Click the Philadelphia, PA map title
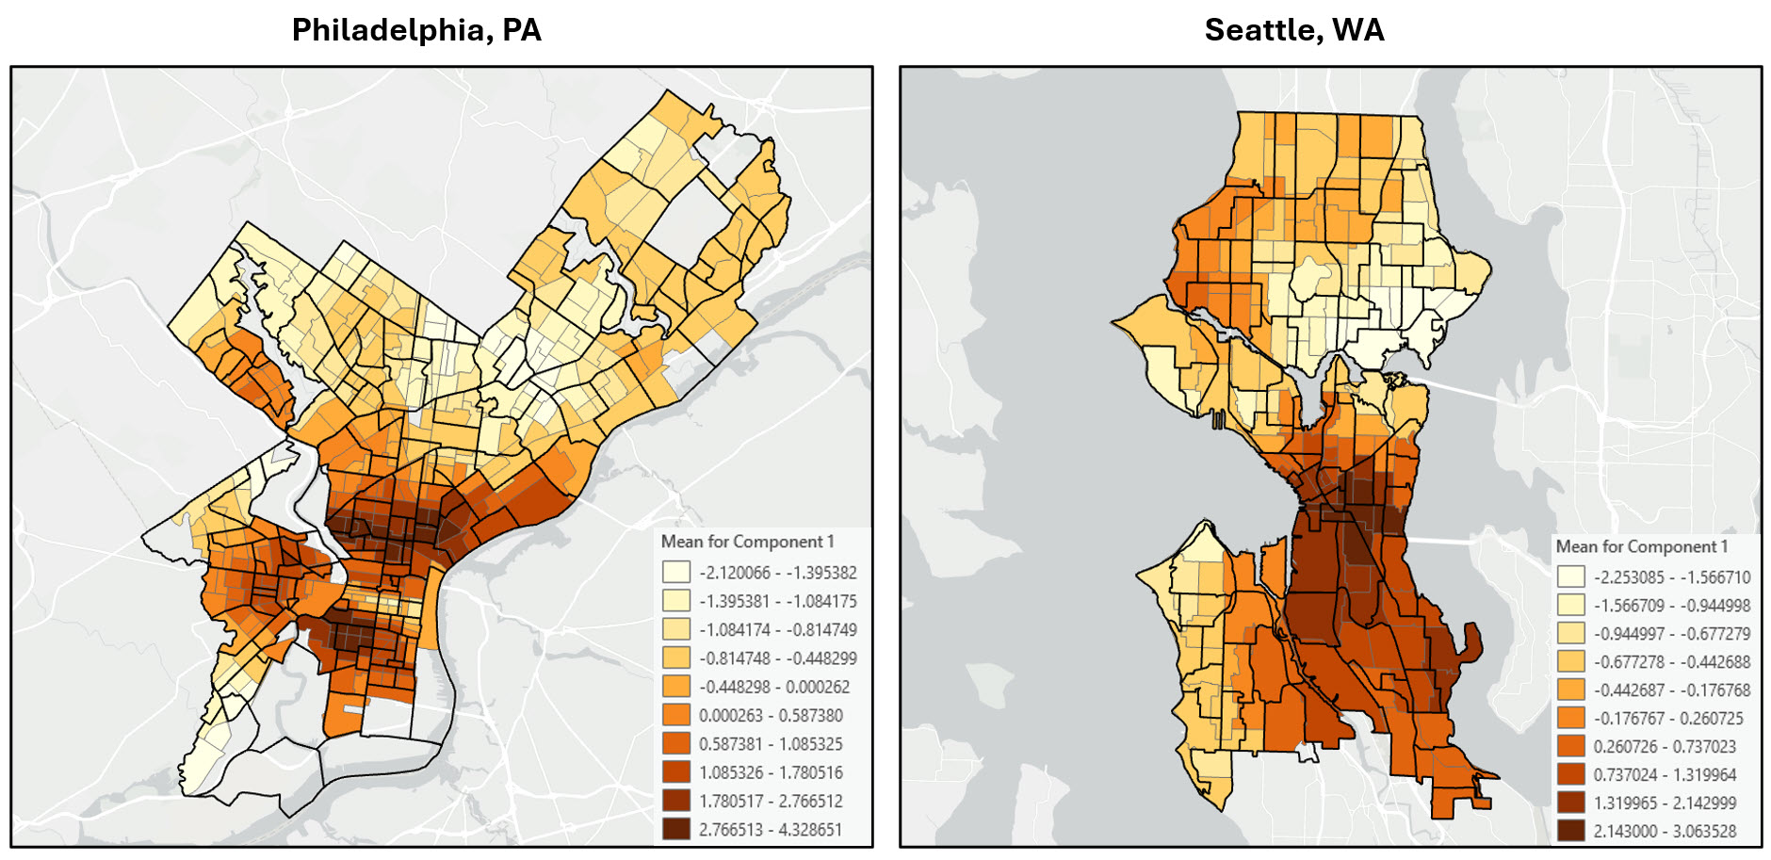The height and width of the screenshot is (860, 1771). coord(416,30)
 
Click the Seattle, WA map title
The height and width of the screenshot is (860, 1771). coord(1294,30)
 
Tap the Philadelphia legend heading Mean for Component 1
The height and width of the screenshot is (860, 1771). coord(747,542)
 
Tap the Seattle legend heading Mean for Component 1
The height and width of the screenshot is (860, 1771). coord(1642,546)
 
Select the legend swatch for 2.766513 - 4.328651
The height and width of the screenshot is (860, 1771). coord(675,829)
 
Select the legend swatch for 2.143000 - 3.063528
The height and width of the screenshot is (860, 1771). coord(1570,831)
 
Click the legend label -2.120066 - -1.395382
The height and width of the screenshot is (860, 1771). coord(777,573)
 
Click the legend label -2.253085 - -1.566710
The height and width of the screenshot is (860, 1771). coord(1672,577)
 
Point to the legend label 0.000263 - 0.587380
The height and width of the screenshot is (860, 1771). coord(771,715)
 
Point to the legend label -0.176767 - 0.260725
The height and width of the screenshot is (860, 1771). coord(1668,718)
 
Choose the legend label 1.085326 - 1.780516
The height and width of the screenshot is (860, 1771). coord(771,772)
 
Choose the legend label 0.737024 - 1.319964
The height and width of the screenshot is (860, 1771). coord(1665,774)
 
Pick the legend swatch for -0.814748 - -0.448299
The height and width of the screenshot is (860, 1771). coord(675,657)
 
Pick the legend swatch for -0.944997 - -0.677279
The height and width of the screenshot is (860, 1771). coord(1570,633)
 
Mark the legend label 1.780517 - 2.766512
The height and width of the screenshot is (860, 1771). coord(771,801)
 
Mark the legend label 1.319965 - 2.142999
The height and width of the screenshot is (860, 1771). coord(1665,803)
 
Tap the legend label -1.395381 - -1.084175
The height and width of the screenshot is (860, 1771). coord(777,601)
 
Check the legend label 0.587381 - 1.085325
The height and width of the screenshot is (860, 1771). coord(771,743)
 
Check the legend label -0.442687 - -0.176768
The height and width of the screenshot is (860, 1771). coord(1672,690)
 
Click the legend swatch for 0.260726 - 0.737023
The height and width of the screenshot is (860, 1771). coord(1570,746)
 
